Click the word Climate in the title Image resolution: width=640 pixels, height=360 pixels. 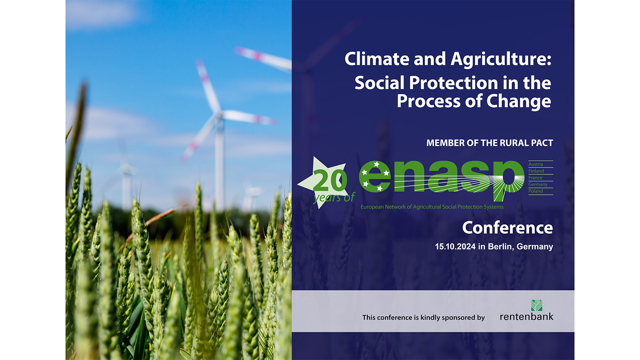pos(377,59)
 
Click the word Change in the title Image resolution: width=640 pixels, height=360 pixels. pos(518,102)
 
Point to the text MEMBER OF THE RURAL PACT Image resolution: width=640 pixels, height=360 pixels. pos(490,143)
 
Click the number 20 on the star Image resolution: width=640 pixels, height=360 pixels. pos(330,180)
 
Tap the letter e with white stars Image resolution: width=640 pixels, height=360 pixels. pos(375,176)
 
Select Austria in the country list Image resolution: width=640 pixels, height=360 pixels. pos(536,164)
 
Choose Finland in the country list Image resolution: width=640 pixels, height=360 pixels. pos(536,171)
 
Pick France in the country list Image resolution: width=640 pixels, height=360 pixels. pos(535,178)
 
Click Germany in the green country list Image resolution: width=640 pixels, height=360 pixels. pos(538,185)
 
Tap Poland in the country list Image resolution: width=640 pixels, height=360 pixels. pos(536,191)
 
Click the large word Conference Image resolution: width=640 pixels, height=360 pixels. pos(508,228)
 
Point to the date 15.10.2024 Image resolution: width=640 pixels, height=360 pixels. pos(455,247)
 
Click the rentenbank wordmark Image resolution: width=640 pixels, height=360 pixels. pos(527,316)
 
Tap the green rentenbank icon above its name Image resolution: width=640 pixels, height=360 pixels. pos(536,305)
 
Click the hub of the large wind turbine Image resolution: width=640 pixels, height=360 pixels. pos(220,114)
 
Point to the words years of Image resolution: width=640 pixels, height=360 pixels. pos(334,198)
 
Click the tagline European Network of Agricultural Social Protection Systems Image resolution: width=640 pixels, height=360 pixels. pos(432,207)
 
